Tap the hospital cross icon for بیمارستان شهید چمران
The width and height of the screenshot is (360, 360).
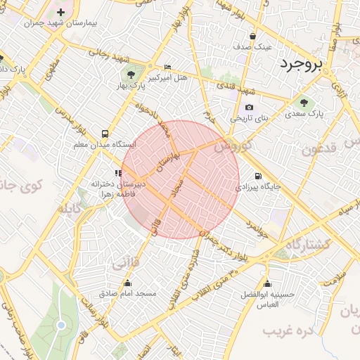pyautogui.click(x=61, y=12)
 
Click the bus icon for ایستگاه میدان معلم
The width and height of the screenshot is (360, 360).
pyautogui.click(x=105, y=133)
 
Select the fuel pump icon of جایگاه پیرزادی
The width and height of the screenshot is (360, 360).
pyautogui.click(x=258, y=176)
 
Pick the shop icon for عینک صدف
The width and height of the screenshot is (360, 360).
pyautogui.click(x=252, y=36)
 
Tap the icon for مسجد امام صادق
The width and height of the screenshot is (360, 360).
pyautogui.click(x=127, y=280)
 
